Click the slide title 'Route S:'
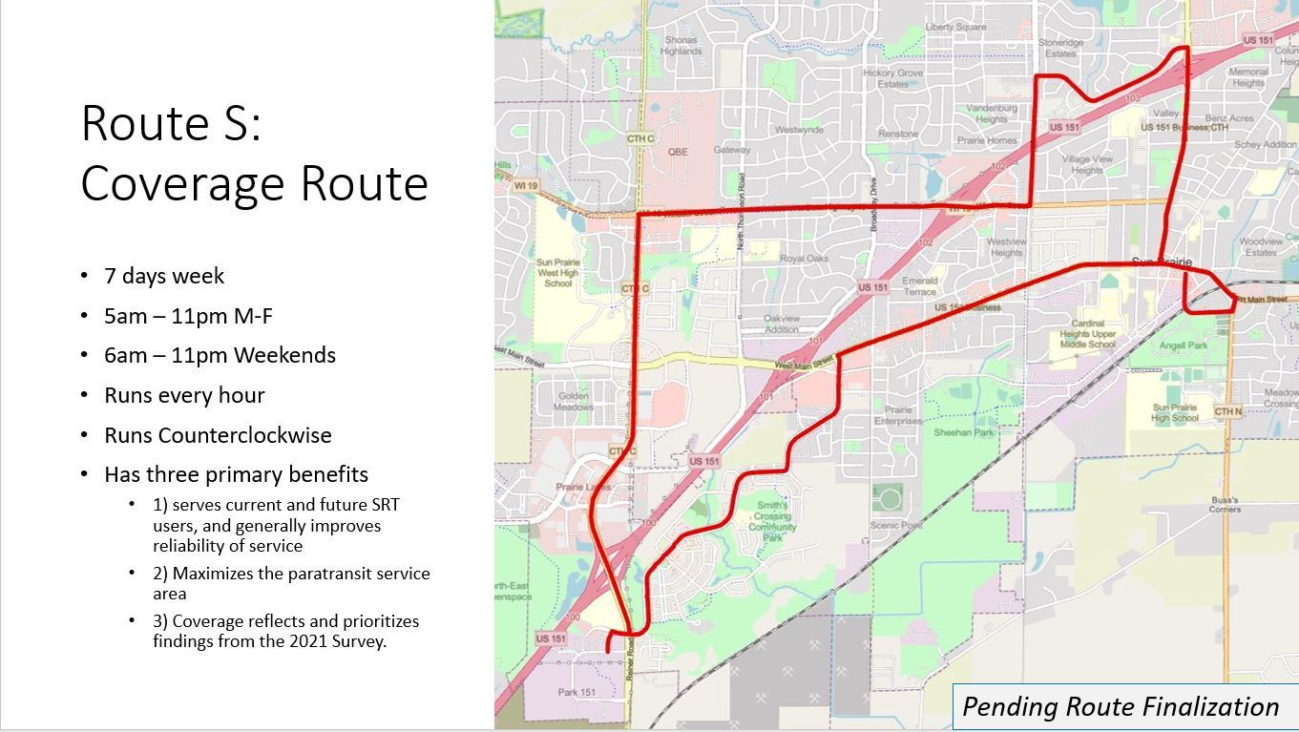[x=171, y=124]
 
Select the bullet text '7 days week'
[x=164, y=276]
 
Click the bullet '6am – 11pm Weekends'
[x=220, y=355]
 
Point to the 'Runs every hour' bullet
[x=184, y=395]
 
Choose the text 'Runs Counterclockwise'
[x=218, y=435]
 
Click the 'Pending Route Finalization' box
[x=1121, y=706]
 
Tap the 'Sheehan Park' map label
[x=963, y=432]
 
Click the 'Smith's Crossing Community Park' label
[x=772, y=521]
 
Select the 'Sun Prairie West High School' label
[x=557, y=273]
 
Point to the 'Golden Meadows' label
[x=573, y=401]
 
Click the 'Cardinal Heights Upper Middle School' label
[x=1087, y=334]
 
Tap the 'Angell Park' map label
[x=1183, y=345]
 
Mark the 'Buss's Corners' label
[x=1224, y=504]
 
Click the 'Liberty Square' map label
[x=955, y=28]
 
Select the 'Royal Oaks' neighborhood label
[x=804, y=259]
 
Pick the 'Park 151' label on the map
[x=576, y=692]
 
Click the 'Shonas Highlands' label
[x=681, y=46]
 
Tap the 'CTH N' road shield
[x=1227, y=411]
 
